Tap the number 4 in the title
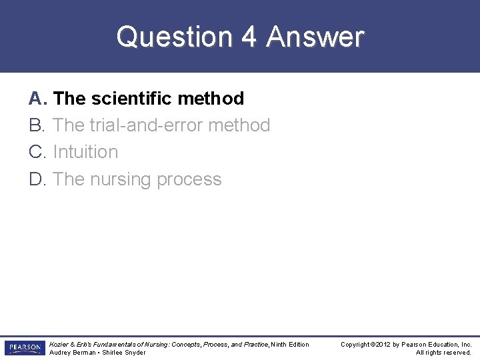[249, 37]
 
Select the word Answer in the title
[315, 37]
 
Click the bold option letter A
[37, 99]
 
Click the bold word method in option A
[211, 99]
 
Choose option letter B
[37, 125]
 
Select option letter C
[37, 152]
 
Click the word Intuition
[85, 152]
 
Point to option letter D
[37, 179]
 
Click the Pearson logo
[25, 348]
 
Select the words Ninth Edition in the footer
[290, 344]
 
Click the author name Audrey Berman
[71, 353]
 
